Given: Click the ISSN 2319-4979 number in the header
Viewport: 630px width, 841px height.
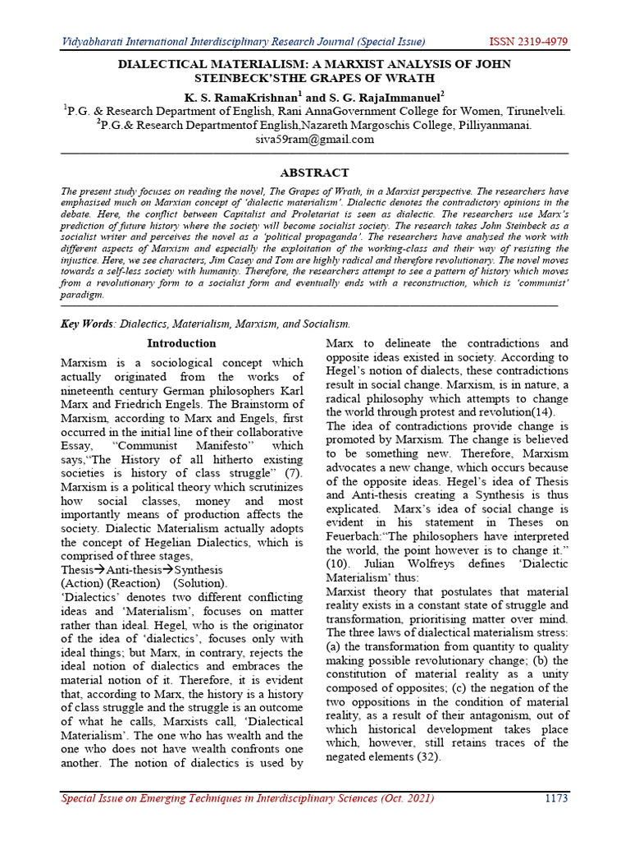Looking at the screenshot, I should tap(528, 42).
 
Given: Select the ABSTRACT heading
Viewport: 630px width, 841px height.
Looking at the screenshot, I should tap(315, 172).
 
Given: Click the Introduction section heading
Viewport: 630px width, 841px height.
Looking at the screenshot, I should tap(181, 343).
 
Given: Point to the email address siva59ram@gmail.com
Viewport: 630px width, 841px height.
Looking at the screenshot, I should tap(315, 139).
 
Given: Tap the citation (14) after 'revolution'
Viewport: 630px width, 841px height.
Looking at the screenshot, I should tap(540, 411).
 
